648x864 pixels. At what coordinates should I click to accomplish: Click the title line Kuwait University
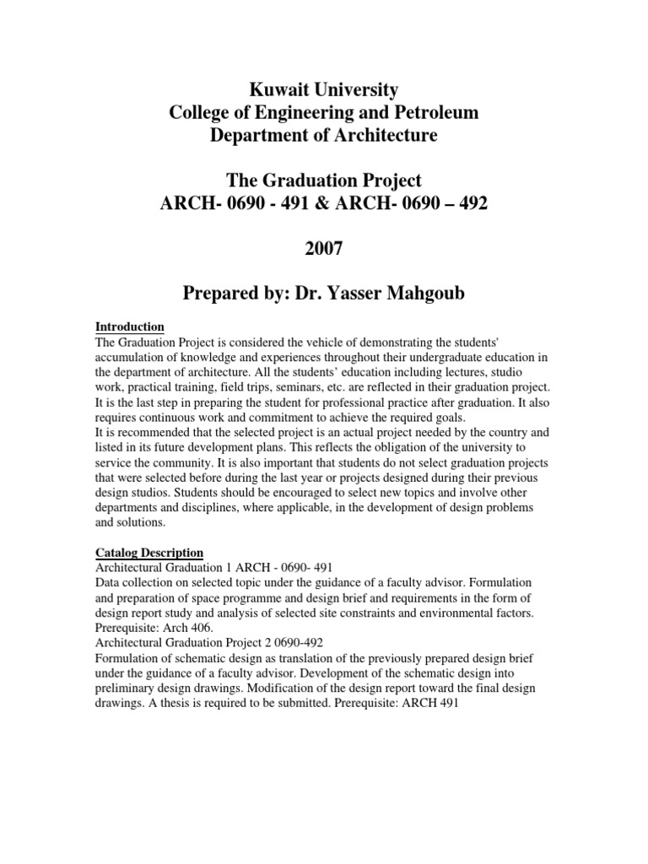point(324,89)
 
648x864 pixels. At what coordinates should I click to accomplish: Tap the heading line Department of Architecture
point(324,135)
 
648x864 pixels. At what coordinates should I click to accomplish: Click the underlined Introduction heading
point(129,327)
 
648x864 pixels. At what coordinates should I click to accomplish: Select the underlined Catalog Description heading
point(148,553)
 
